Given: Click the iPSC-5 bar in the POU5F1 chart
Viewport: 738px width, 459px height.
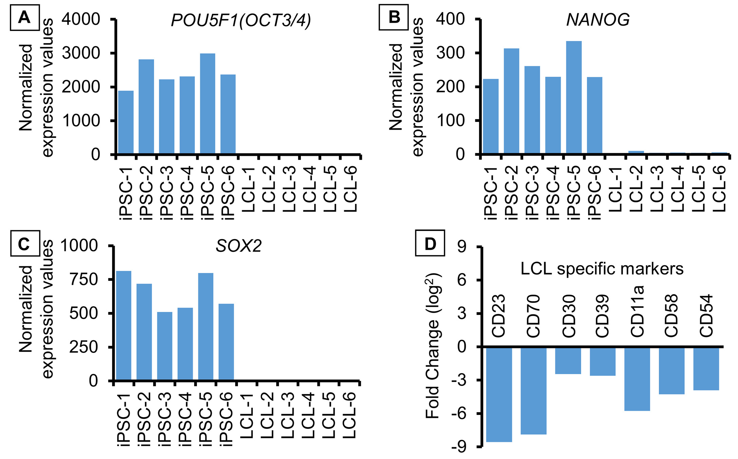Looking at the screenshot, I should click(207, 104).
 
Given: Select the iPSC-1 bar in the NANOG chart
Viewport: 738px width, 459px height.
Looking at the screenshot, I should click(491, 116).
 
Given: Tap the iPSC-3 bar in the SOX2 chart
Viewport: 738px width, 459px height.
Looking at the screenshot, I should click(165, 346).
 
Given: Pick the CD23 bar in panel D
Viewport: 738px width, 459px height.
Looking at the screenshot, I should click(499, 394).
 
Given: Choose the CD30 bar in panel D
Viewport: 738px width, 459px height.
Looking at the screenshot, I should click(568, 360).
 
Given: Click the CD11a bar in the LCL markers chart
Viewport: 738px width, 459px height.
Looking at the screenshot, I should click(637, 379).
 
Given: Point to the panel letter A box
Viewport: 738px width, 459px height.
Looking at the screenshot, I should click(25, 17).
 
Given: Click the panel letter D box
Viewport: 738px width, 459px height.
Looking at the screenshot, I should click(430, 244).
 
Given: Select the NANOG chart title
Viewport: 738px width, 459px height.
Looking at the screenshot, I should click(598, 20).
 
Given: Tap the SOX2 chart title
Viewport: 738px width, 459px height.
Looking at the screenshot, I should click(239, 246).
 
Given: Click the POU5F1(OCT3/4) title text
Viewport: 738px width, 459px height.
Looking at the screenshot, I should click(241, 20).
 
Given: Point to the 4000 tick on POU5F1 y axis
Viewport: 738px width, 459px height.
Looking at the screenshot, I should click(81, 19).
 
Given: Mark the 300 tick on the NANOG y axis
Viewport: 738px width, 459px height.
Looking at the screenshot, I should click(450, 53).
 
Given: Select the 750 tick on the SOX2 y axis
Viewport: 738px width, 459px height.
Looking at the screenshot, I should click(84, 279).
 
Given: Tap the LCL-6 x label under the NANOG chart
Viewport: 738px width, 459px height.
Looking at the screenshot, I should click(719, 188).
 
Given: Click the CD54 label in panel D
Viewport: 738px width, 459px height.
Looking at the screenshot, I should click(706, 316).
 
